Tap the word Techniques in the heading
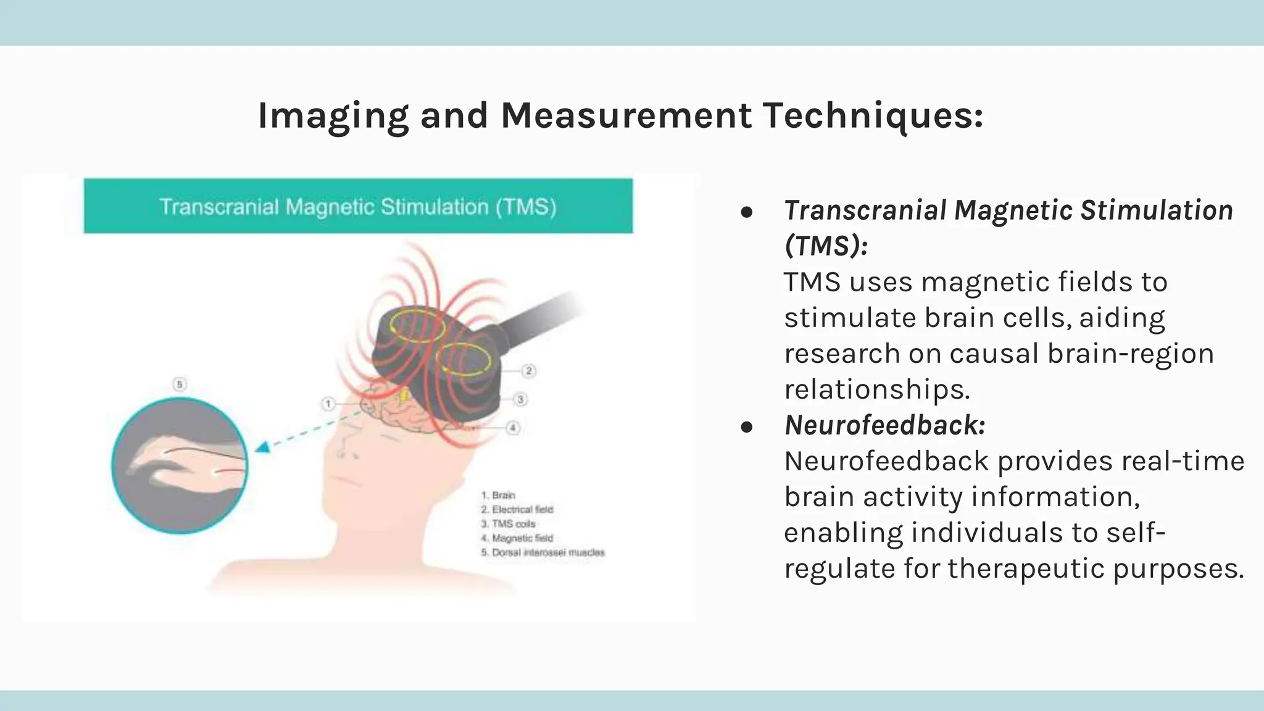coord(873,116)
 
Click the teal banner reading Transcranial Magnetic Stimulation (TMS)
coord(358,206)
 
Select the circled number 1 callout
coord(328,404)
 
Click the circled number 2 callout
coord(529,371)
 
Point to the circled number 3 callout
coord(520,399)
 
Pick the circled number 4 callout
coord(512,428)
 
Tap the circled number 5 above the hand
coord(180,385)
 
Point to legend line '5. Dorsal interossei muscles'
coord(543,552)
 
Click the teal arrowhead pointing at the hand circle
coord(264,447)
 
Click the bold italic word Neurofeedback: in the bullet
coord(884,425)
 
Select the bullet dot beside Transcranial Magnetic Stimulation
coord(747,212)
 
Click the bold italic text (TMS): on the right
coord(826,246)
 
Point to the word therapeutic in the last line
coord(1026,568)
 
